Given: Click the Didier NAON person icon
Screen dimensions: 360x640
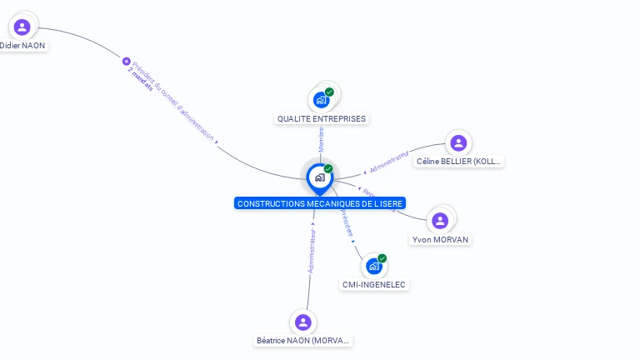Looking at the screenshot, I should coord(22,27).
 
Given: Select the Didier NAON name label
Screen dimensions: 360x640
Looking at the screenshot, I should coord(22,45).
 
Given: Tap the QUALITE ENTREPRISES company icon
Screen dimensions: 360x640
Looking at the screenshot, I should coord(322,99).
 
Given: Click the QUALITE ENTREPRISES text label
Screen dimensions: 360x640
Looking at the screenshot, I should coord(322,118).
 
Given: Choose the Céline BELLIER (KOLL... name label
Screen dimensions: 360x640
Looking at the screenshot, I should coord(459,162).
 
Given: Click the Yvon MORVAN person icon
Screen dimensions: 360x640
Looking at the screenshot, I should coord(440,221).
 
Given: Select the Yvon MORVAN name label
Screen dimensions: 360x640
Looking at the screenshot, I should coord(440,240).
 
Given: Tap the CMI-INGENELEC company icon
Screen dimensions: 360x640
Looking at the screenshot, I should coord(374,266).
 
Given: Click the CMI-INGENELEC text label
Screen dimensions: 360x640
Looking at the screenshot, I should coord(374,285).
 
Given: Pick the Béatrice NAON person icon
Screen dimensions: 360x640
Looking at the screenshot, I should coord(303,322).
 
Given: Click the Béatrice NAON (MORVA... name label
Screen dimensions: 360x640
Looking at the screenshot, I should coord(303,341).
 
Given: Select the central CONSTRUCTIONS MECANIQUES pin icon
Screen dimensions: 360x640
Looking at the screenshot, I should coord(319,177).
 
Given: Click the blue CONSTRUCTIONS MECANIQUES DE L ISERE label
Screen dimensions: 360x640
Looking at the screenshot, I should coord(319,203).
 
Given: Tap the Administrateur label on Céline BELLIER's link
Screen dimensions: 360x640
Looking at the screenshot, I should coord(389,162).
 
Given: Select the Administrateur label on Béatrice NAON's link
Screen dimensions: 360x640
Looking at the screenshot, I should coord(312,252).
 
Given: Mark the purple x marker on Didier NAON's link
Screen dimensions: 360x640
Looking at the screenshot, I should coord(127,61).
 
